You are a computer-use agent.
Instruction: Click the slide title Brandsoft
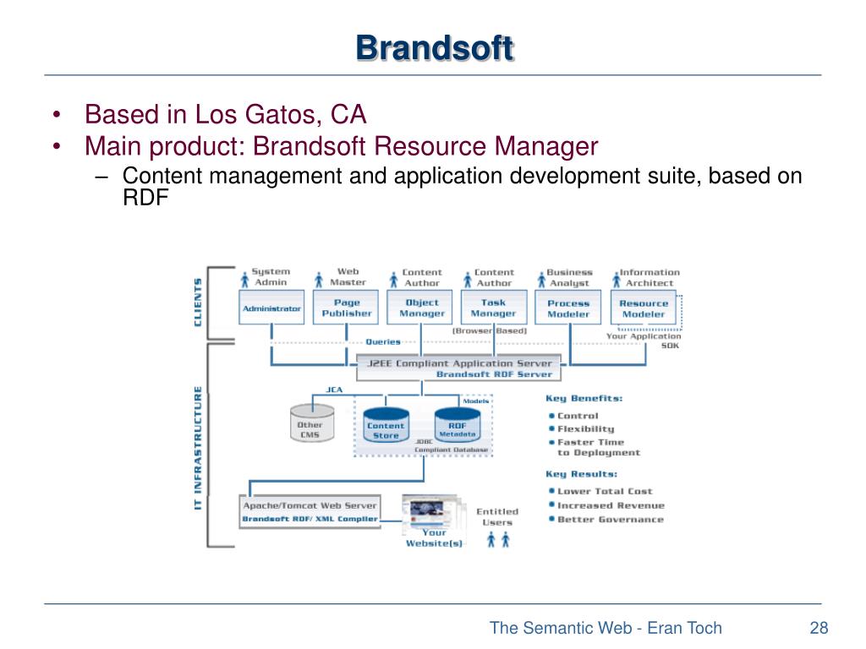coord(434,47)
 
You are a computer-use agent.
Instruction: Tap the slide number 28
coord(818,627)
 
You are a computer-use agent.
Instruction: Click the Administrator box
coord(271,308)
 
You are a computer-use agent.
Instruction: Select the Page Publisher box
coord(346,308)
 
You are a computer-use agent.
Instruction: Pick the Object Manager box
coord(421,308)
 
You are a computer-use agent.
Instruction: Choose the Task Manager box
coord(494,308)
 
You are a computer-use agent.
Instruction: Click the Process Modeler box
coord(568,308)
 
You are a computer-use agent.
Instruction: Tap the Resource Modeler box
coord(644,308)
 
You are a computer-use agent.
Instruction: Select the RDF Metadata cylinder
coord(458,428)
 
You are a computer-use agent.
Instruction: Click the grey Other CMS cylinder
coord(310,427)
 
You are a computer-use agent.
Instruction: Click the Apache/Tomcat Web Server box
coord(310,512)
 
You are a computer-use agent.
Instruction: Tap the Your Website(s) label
coord(434,537)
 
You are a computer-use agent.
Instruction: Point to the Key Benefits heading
coord(584,398)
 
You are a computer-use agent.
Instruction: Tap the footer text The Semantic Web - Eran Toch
coord(606,627)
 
